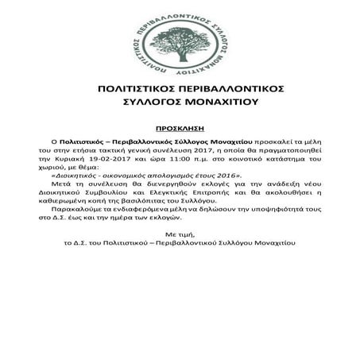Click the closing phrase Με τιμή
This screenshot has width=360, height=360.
pyautogui.click(x=179, y=237)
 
